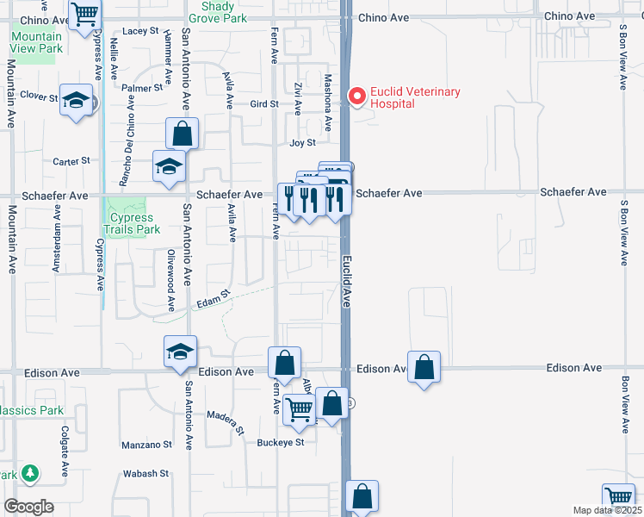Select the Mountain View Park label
(x=37, y=42)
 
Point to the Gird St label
(x=264, y=103)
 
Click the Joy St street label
(x=303, y=143)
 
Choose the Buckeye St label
(x=281, y=443)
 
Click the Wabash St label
(x=145, y=473)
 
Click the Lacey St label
(x=141, y=30)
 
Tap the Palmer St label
(x=142, y=88)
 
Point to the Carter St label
(x=71, y=161)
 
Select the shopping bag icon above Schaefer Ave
(x=182, y=134)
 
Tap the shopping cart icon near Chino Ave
(x=85, y=13)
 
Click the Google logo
(x=28, y=507)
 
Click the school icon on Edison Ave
(x=181, y=352)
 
